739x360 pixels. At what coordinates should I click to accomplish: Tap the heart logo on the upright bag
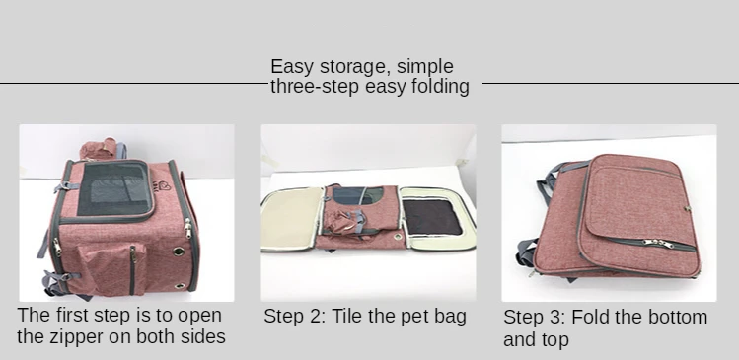[x=165, y=187]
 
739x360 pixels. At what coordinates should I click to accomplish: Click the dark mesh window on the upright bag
[x=115, y=188]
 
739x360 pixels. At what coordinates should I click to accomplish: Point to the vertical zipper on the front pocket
[x=133, y=269]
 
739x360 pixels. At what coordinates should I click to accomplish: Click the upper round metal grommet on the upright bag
[x=179, y=252]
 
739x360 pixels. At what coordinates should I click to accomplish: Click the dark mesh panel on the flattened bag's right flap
[x=432, y=218]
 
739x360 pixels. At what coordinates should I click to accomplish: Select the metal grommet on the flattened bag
[x=398, y=237]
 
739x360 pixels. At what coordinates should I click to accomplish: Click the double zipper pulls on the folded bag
[x=659, y=244]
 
